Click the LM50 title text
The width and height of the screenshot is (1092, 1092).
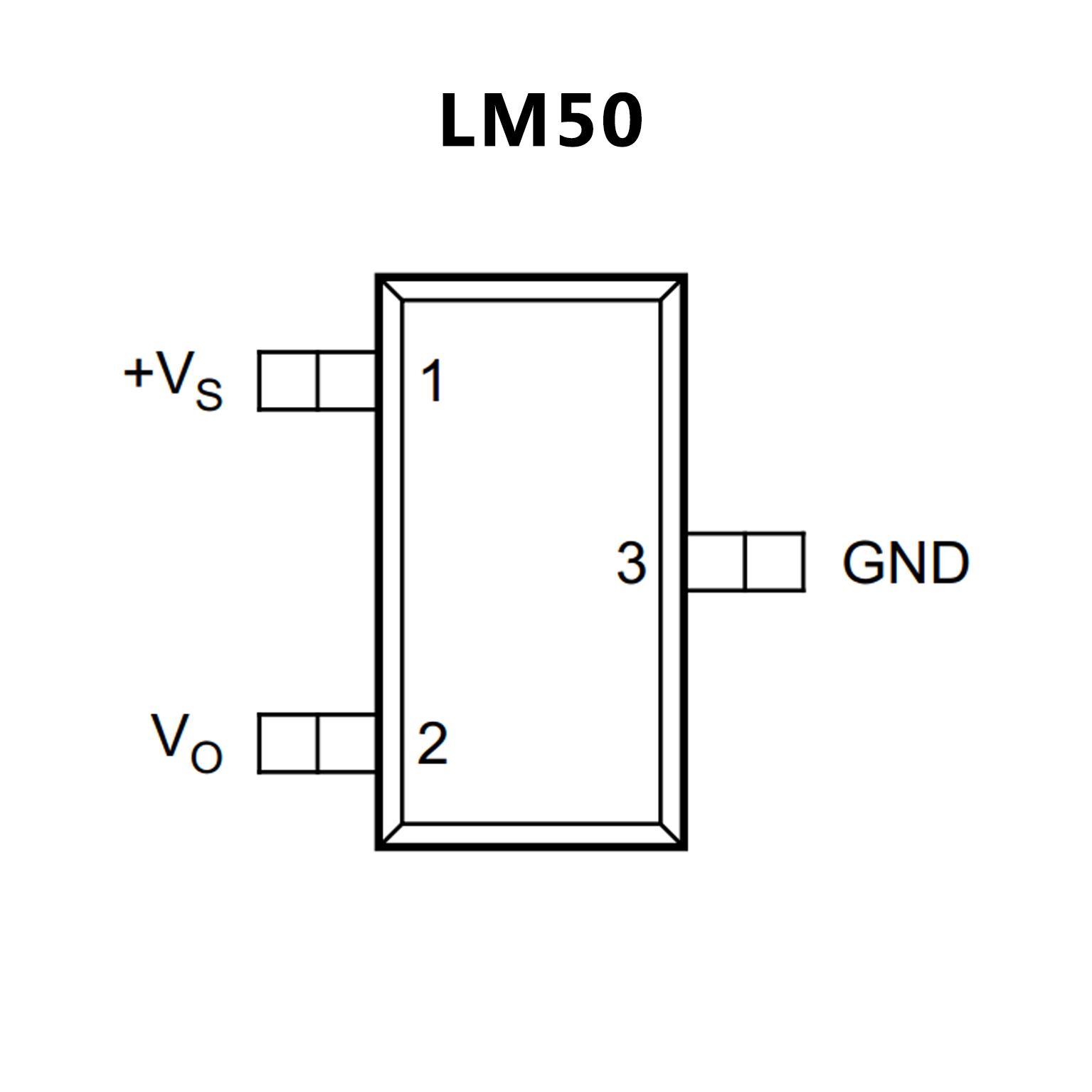coord(541,121)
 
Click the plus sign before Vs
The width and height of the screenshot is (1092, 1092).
coord(138,372)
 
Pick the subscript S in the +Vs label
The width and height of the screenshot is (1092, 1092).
coord(208,394)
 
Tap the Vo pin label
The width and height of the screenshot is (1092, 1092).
coord(186,743)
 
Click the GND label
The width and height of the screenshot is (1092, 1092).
coord(905,563)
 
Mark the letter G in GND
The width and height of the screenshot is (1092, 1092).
coord(863,563)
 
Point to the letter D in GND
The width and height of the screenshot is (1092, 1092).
coord(949,563)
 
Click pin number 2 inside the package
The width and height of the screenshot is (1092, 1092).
coord(432,744)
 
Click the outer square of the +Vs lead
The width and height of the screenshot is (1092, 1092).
coord(288,381)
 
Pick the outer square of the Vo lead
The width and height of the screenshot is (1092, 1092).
coord(288,743)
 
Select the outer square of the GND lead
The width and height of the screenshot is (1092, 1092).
coord(774,562)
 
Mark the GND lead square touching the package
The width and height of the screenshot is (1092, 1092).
coord(715,562)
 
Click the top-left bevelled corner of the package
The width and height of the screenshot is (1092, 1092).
coord(391,289)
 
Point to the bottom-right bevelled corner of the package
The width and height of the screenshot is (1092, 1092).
coord(672,835)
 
